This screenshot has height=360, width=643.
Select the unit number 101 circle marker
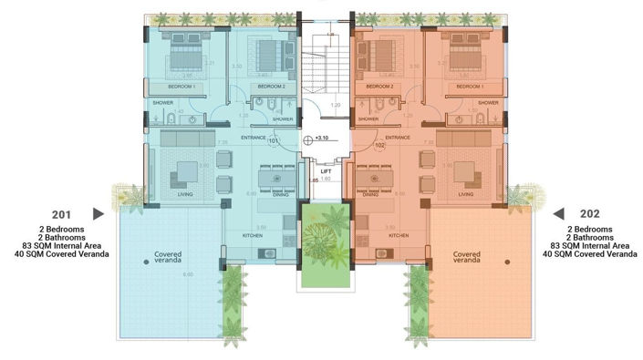(x=273, y=141)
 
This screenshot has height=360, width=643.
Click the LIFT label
(x=326, y=170)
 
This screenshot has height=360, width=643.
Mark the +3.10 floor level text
(x=321, y=139)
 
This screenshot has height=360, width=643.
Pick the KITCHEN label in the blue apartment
(x=254, y=235)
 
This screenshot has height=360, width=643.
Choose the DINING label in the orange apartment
(x=370, y=194)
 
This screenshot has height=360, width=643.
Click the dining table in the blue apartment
(x=274, y=175)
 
